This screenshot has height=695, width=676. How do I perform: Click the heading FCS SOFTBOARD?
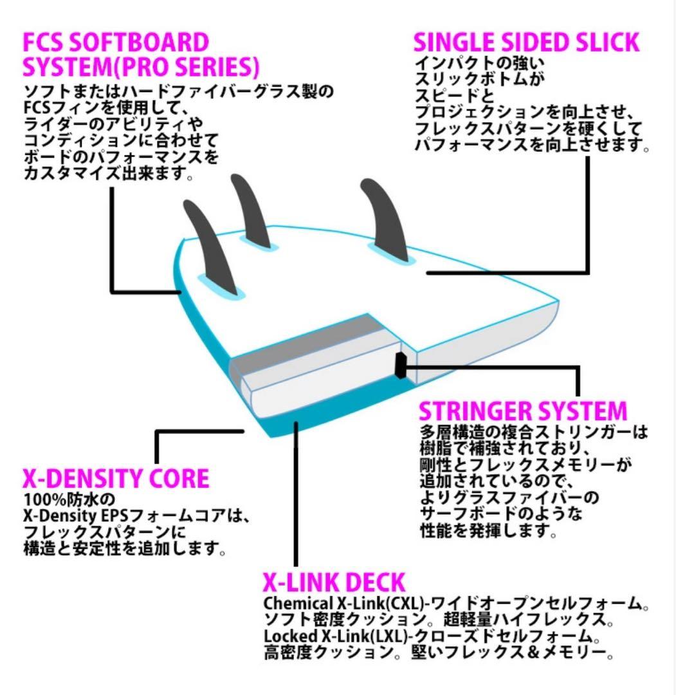[x=116, y=42]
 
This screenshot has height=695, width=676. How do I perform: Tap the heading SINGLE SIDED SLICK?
[x=525, y=42]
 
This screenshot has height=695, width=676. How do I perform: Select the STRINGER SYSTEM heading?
[x=522, y=411]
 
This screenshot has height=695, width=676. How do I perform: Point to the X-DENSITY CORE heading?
[x=116, y=479]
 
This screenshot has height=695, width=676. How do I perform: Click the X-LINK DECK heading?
[x=334, y=582]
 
